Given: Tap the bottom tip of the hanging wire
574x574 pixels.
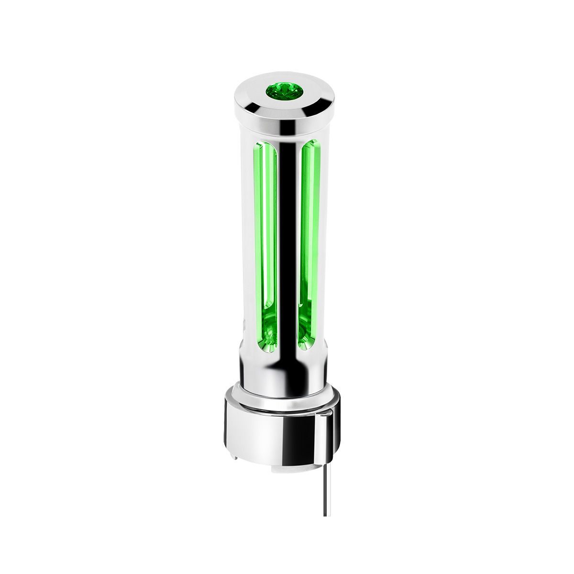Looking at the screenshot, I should click(326, 515).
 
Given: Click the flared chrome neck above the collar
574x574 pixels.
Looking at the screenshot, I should click(282, 378).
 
